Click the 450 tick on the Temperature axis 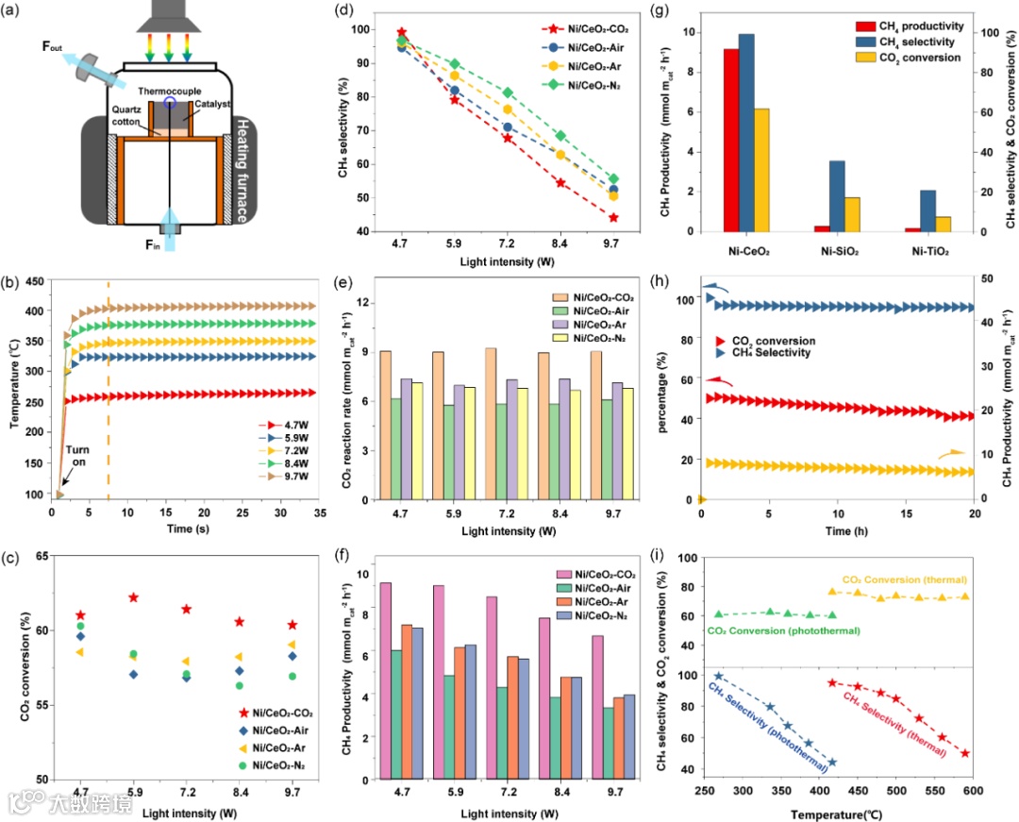[34, 281]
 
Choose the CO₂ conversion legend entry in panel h [767, 341]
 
